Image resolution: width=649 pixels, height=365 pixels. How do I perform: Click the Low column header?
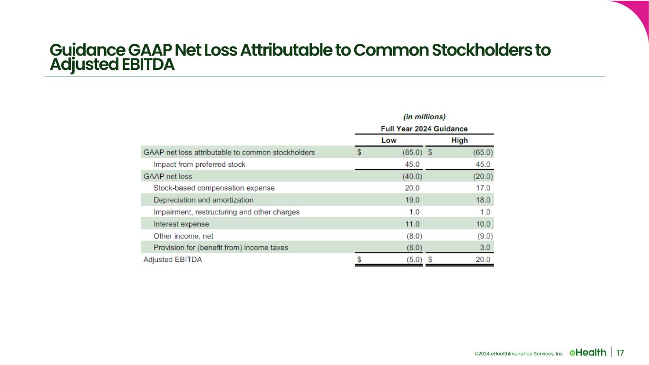pos(388,140)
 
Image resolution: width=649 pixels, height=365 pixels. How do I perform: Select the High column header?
pos(459,140)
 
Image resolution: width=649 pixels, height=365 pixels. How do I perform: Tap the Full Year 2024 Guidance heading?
pos(424,129)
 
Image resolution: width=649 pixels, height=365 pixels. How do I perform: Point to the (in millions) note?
pos(424,116)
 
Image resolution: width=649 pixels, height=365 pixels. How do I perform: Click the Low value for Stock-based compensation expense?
pos(411,188)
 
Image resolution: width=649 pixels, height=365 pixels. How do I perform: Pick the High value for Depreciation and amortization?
pos(483,200)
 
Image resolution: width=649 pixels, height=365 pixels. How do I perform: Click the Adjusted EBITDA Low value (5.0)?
pos(411,259)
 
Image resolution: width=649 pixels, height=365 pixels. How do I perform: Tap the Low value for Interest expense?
pos(411,224)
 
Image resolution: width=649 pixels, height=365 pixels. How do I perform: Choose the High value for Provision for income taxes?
pos(484,248)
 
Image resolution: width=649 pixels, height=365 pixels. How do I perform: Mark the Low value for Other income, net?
pos(411,236)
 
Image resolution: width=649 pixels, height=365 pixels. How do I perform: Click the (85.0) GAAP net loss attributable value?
pos(409,153)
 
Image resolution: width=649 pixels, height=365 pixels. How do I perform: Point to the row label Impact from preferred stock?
pos(199,164)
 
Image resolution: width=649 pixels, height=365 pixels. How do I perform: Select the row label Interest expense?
pos(181,224)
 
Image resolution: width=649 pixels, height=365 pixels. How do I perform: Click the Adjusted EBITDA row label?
pos(173,259)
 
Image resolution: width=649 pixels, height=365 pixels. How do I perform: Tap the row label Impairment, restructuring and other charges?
pos(226,212)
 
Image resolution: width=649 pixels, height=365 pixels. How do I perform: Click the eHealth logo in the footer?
pos(588,352)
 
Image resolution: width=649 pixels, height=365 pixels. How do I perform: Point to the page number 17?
pos(620,353)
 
